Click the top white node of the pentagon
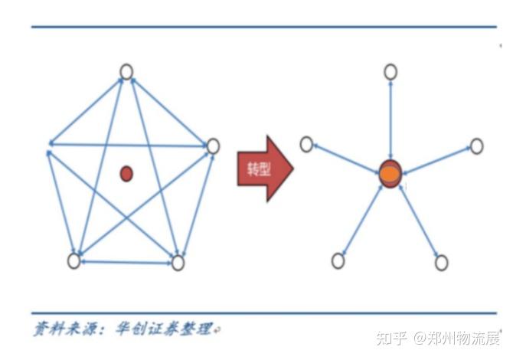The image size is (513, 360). point(126,72)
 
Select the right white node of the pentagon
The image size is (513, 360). point(213,146)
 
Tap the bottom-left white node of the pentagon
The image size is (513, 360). point(74,260)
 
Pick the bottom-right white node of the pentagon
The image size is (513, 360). point(178,263)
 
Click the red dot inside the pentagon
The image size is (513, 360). point(126,174)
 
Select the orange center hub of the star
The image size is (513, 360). point(390,173)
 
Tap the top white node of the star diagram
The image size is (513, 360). point(390,72)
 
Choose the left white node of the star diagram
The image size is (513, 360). point(306,143)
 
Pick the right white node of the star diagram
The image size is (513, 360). point(476,146)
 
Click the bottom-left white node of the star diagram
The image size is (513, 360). point(338,261)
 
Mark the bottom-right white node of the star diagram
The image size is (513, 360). point(441,263)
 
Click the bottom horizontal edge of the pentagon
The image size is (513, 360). point(126,263)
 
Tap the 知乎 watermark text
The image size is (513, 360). point(395,338)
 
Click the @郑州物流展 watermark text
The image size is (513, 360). point(459,338)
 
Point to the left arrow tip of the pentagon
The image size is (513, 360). point(51,143)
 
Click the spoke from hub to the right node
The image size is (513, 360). point(435,159)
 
